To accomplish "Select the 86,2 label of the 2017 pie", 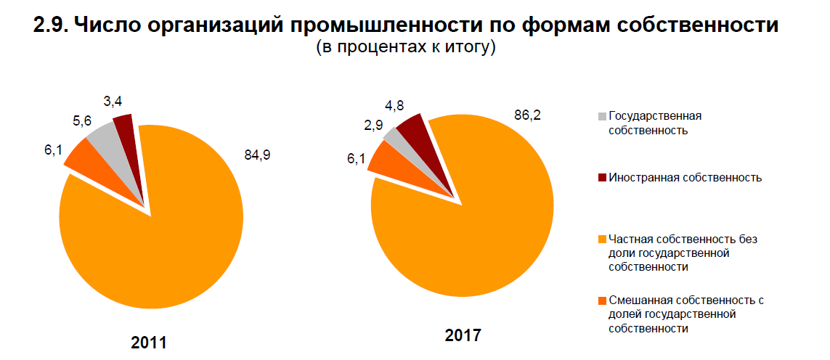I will click(527, 115).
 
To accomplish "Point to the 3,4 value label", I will click(113, 102).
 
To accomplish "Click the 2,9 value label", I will click(374, 124).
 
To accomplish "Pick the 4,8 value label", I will click(394, 105).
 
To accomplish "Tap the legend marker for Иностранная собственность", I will click(601, 178).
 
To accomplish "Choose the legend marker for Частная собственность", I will click(601, 239).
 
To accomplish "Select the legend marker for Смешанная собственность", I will click(601, 300).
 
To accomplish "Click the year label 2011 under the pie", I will click(149, 342).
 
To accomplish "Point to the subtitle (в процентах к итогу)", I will click(406, 49).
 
